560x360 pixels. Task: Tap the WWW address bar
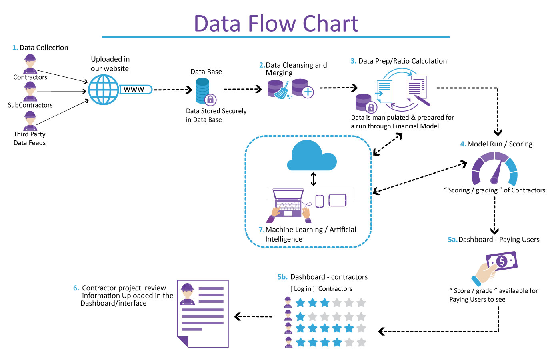(x=135, y=90)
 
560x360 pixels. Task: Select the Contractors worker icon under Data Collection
(x=30, y=64)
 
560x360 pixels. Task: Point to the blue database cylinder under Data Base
(x=202, y=90)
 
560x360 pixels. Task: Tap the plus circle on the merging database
(x=308, y=92)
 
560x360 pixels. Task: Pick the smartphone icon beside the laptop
(x=319, y=201)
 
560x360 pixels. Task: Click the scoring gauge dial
(x=495, y=170)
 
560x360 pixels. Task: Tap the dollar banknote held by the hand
(x=501, y=262)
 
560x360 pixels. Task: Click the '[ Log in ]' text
(x=302, y=289)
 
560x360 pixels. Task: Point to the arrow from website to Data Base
(x=173, y=90)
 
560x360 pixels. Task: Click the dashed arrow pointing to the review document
(x=253, y=317)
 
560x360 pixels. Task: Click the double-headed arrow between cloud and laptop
(x=313, y=179)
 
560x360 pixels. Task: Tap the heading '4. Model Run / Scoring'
(x=496, y=144)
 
